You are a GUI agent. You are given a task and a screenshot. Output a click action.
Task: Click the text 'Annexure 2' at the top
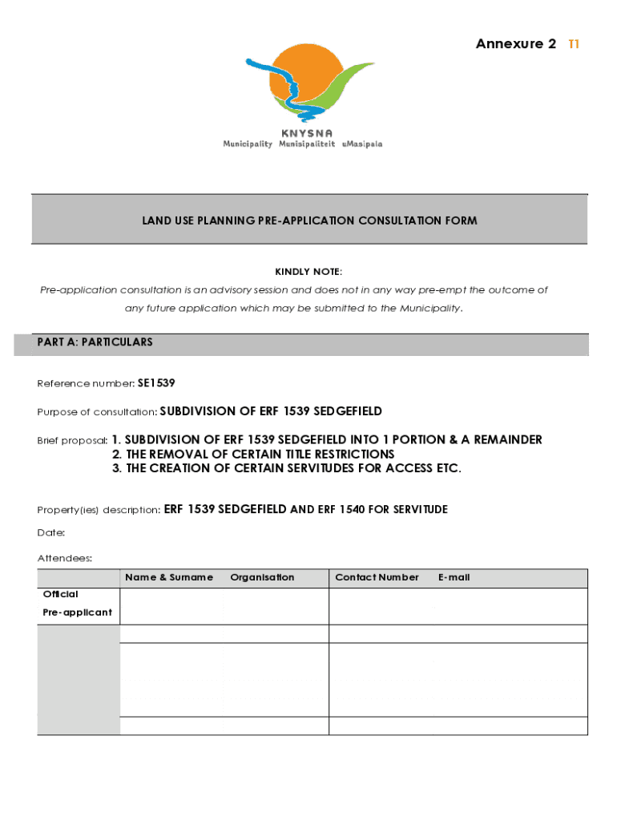point(515,44)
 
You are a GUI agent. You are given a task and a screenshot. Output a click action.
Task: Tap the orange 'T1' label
point(573,44)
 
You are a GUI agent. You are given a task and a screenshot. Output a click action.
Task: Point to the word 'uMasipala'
point(362,144)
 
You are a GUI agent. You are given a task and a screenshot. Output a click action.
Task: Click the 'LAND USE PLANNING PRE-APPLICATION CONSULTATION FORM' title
point(309,220)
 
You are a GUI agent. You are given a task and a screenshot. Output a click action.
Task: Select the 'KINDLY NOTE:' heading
point(308,272)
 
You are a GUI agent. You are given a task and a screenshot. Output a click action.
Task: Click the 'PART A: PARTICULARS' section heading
point(95,342)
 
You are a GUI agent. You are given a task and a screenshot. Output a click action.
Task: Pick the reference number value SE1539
point(156,383)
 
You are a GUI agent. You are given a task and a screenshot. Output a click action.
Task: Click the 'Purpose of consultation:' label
point(97,412)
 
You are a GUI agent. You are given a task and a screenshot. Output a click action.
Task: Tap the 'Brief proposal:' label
point(72,441)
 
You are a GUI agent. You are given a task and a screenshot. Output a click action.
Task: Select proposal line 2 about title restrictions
point(253,455)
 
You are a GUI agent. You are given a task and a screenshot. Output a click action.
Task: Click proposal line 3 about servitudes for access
point(286,469)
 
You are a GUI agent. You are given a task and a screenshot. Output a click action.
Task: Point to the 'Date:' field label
point(51,532)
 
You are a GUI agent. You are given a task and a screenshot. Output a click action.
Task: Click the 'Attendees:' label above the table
point(65,558)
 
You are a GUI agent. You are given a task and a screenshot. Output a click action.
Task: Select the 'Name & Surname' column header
point(169,577)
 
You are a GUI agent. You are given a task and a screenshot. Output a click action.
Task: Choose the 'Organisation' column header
point(262,577)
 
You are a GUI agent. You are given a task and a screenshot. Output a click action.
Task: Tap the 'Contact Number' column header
point(377,577)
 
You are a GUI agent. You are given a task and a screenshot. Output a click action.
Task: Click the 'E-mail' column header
point(454,577)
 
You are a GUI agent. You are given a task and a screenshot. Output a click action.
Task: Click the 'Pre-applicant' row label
point(77,613)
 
